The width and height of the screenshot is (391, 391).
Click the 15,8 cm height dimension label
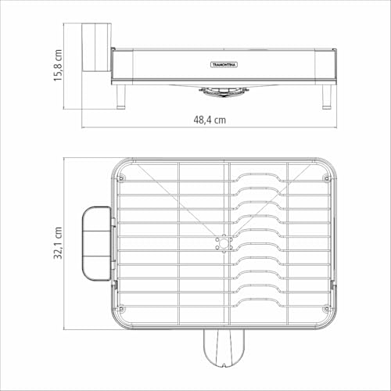click(x=58, y=66)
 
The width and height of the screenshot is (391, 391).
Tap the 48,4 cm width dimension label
click(x=210, y=120)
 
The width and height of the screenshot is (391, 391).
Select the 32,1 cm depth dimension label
click(x=58, y=242)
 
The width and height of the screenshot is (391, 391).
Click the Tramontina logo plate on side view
click(x=224, y=65)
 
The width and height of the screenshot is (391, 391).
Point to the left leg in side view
click(x=121, y=96)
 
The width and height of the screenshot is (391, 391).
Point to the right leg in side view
click(x=327, y=96)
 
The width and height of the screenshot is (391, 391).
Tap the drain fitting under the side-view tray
click(x=224, y=91)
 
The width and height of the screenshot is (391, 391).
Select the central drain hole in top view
click(x=224, y=243)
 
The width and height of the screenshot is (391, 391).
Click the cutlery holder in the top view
click(x=98, y=243)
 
